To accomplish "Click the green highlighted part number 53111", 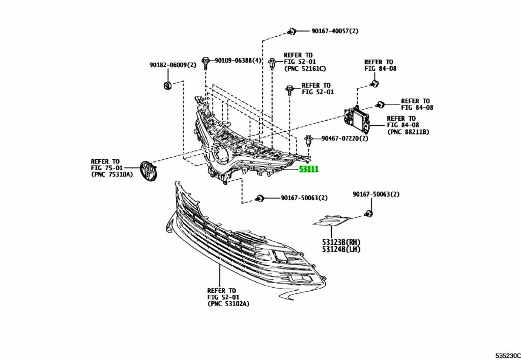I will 308,169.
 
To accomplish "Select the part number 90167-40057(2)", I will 335,31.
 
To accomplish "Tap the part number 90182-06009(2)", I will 172,65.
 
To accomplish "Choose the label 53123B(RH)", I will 341,242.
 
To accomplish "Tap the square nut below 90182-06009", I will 166,85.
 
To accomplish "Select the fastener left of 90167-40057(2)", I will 292,32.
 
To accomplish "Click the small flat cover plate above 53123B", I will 331,220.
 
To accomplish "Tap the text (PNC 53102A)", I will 228,304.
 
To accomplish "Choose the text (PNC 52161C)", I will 305,69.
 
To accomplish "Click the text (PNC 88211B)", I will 409,132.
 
